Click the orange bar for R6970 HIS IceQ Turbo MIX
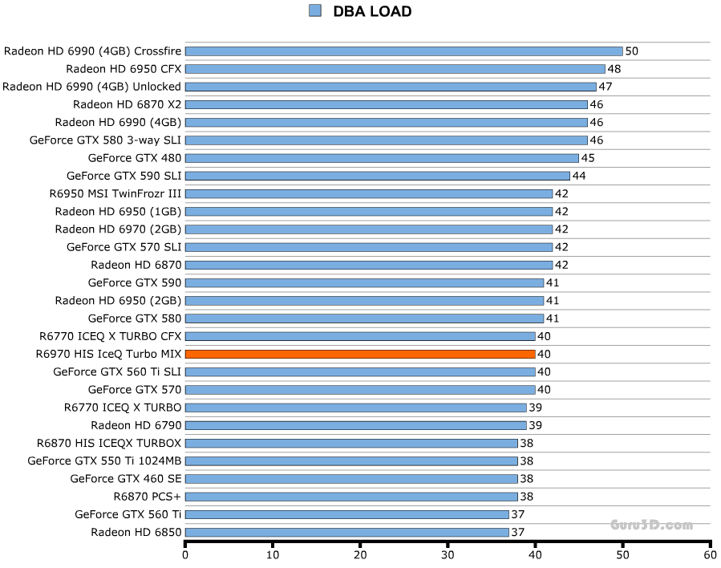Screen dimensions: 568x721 360,354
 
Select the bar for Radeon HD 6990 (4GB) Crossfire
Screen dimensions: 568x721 403,51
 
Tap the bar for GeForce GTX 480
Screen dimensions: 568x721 382,158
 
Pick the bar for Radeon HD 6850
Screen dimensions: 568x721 347,532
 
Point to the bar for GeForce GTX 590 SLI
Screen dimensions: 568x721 378,176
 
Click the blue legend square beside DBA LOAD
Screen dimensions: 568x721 314,10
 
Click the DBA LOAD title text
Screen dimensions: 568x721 372,11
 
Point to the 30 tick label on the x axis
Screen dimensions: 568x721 448,554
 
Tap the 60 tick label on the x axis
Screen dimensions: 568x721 710,554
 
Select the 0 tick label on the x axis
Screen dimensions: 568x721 185,554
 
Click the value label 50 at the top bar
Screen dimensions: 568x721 632,51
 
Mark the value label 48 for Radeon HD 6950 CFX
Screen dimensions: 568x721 614,69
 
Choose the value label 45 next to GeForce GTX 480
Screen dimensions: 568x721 588,158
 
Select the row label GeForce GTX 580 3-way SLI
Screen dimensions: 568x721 105,140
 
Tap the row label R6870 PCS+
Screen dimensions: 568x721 148,497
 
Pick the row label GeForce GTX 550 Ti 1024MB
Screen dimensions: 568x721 104,461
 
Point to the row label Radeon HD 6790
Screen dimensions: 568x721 136,425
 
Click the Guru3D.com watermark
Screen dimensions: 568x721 651,525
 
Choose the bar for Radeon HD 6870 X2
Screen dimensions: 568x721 387,104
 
